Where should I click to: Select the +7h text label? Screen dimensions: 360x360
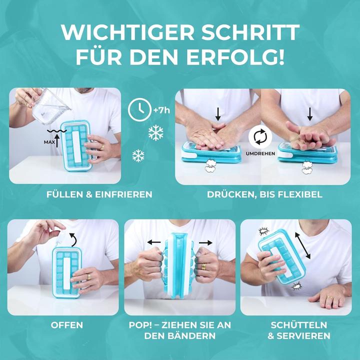tap(162, 109)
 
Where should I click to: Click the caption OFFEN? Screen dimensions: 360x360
tap(66, 325)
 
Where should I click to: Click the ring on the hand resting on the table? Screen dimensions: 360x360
tap(329, 298)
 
